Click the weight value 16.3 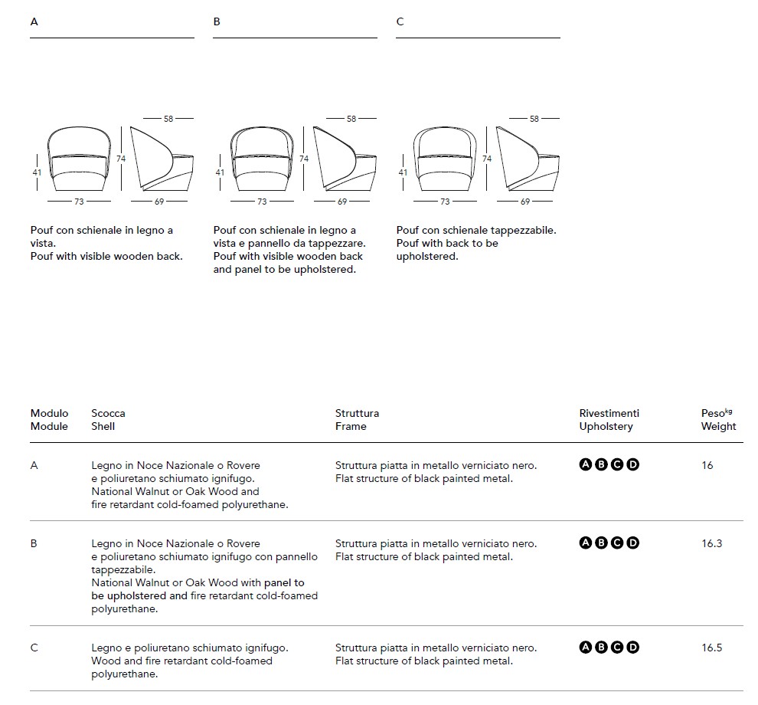(x=711, y=543)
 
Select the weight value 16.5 (x=711, y=648)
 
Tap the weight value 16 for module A (x=707, y=465)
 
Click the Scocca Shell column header (x=108, y=419)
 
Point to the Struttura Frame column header (x=357, y=419)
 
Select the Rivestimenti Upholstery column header (x=609, y=419)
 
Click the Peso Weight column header (x=718, y=419)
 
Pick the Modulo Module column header (x=49, y=419)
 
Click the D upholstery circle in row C (x=632, y=648)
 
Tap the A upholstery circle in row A (x=586, y=465)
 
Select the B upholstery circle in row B (x=601, y=543)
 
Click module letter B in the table (x=34, y=543)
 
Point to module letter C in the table (x=34, y=648)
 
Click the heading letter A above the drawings (x=34, y=21)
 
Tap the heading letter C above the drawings (x=400, y=21)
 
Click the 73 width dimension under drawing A (x=79, y=202)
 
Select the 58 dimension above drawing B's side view (x=351, y=119)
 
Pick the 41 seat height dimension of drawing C (x=403, y=172)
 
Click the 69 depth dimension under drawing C (x=524, y=202)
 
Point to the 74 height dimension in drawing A (x=121, y=159)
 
